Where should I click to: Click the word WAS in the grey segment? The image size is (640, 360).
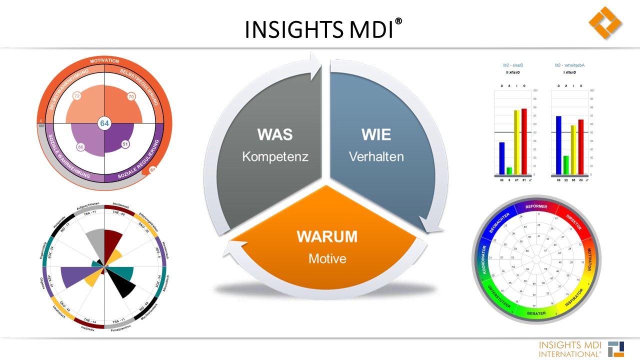[274, 134]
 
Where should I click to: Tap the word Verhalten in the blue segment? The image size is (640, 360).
[376, 156]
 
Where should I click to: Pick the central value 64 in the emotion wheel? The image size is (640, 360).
[104, 123]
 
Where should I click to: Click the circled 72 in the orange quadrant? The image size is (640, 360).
[76, 96]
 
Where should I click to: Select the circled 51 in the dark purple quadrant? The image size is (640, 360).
[125, 144]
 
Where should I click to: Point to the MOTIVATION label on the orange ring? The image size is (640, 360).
[104, 61]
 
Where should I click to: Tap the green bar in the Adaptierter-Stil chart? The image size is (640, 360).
[566, 164]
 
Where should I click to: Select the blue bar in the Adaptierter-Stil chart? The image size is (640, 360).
[558, 145]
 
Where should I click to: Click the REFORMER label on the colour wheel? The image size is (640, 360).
[535, 206]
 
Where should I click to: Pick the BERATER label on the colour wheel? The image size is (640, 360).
[536, 314]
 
